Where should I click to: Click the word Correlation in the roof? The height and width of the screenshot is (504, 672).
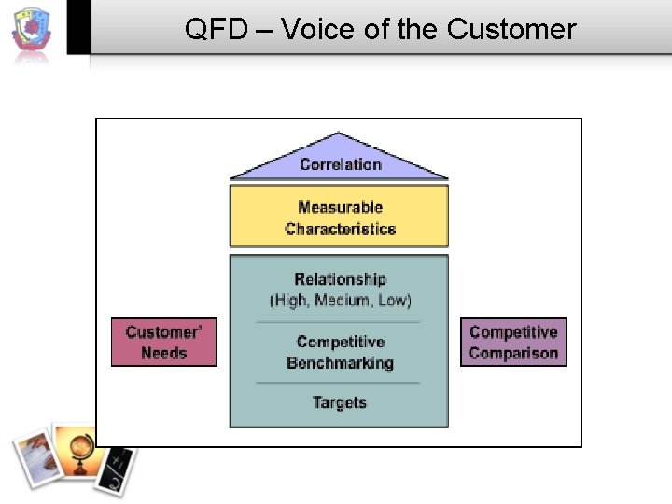pyautogui.click(x=340, y=164)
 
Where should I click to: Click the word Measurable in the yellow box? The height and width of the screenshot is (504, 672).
pyautogui.click(x=340, y=207)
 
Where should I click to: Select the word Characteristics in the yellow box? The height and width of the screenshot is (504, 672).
pyautogui.click(x=340, y=229)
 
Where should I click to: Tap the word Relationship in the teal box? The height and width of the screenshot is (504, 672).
pyautogui.click(x=340, y=279)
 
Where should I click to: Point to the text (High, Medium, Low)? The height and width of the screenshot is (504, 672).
pyautogui.click(x=340, y=300)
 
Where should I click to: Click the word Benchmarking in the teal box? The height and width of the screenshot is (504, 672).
pyautogui.click(x=340, y=363)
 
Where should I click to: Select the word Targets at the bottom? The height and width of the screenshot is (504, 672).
pyautogui.click(x=340, y=402)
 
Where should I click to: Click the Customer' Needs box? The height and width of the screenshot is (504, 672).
pyautogui.click(x=164, y=343)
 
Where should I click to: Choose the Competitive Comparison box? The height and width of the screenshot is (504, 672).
pyautogui.click(x=513, y=343)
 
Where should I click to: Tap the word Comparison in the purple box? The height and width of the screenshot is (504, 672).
pyautogui.click(x=513, y=353)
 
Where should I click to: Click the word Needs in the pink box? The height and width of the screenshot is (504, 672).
pyautogui.click(x=164, y=353)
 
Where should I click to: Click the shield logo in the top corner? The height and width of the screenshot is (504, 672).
pyautogui.click(x=32, y=31)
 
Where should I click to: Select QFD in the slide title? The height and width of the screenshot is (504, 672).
pyautogui.click(x=215, y=29)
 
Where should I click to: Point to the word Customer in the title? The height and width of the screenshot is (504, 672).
pyautogui.click(x=511, y=29)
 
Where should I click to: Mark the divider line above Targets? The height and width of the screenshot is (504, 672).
pyautogui.click(x=339, y=383)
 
